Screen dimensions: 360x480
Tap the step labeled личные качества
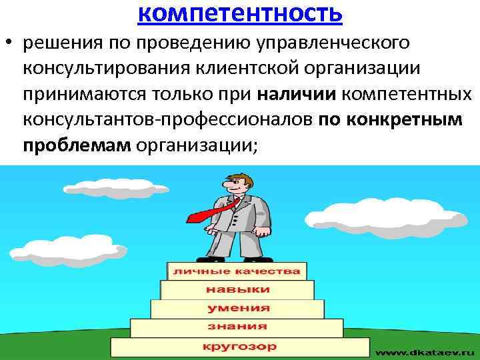click(x=237, y=271)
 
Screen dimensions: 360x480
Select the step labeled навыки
click(x=237, y=290)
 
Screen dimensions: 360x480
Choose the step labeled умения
click(x=238, y=308)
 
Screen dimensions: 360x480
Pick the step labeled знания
click(x=238, y=327)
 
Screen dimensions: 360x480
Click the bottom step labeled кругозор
click(x=238, y=346)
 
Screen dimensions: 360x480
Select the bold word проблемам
click(x=77, y=146)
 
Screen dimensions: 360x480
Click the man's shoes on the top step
click(x=237, y=257)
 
